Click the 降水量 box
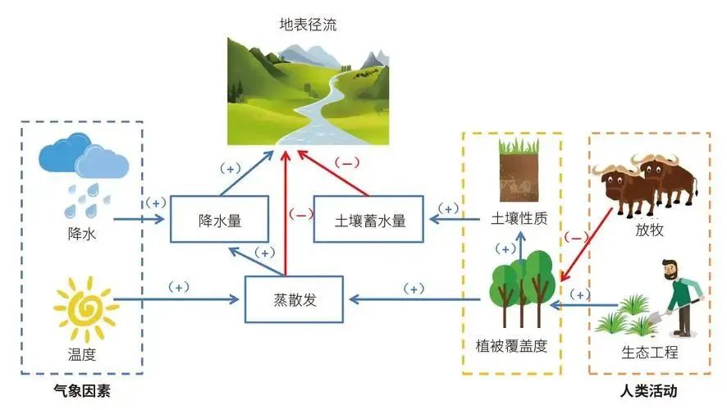click(x=219, y=219)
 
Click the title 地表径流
click(x=308, y=25)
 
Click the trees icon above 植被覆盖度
click(x=518, y=293)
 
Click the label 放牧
click(x=648, y=230)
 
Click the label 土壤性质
click(x=519, y=220)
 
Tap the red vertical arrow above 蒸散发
click(x=286, y=213)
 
